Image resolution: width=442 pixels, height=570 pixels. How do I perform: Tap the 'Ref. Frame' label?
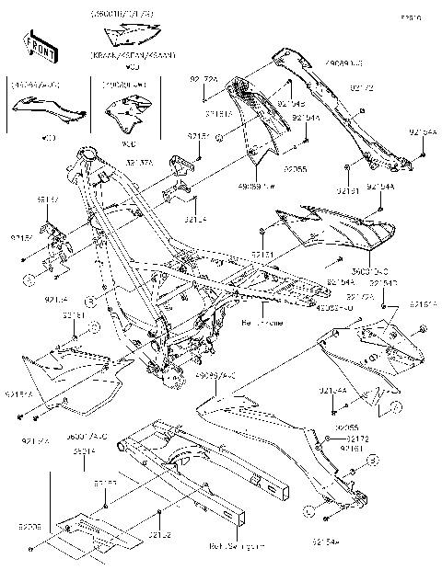pos(261,324)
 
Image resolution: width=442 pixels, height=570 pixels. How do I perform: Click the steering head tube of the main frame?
pos(89,155)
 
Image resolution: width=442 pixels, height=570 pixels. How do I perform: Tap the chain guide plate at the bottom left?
pos(88,532)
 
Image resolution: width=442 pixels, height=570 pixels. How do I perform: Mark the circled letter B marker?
pos(90,301)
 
